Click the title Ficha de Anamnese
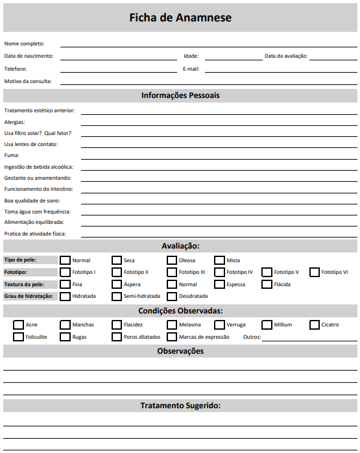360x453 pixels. pos(180,18)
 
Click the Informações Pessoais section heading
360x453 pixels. pos(180,95)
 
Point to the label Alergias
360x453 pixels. pos(14,122)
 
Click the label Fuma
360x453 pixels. pos(12,156)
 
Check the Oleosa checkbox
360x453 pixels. pos(172,260)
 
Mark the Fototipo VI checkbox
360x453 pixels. pos(315,273)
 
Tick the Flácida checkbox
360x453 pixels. pos(267,284)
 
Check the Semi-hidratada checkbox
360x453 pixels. pos(117,296)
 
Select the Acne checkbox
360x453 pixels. pos(18,324)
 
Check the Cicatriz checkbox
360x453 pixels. pos(315,324)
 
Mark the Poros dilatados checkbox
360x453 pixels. pos(117,337)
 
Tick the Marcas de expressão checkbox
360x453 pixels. pos(172,337)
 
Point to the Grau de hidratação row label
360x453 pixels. pos(28,296)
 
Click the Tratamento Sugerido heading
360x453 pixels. pos(180,406)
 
